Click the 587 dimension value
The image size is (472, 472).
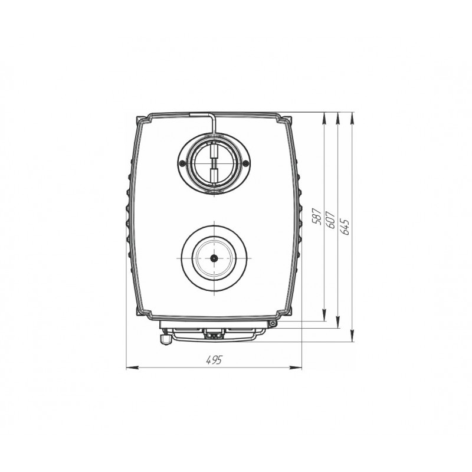317,216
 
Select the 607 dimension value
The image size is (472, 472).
330,219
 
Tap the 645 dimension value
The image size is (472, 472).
345,227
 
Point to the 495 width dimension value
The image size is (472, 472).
214,360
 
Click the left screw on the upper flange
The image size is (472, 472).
182,163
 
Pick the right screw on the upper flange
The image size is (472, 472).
245,163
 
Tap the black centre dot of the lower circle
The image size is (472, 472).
214,258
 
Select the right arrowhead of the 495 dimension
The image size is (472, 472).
296,368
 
